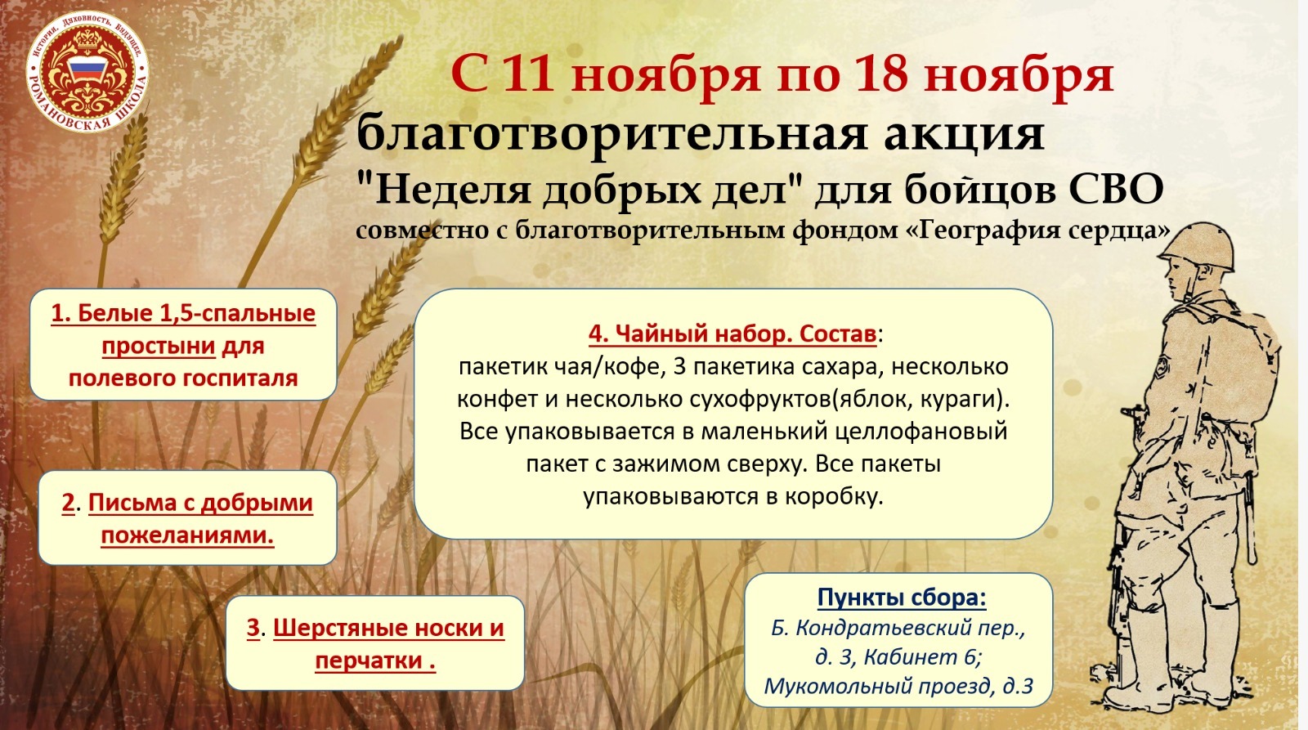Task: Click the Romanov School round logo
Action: (x=87, y=72)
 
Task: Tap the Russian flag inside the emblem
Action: (x=87, y=71)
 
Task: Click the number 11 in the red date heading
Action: (x=529, y=75)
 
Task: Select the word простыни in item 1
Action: (x=159, y=347)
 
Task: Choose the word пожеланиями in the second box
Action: (x=187, y=535)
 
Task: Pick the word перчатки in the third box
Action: (x=369, y=661)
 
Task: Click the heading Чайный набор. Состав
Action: (x=732, y=334)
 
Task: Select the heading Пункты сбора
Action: (x=902, y=598)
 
